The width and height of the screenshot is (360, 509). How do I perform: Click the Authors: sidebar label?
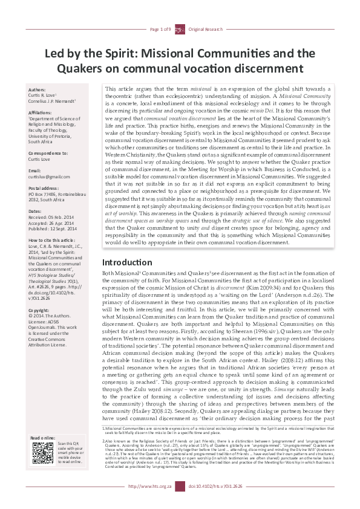37,89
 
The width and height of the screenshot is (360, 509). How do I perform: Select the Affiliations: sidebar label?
41,112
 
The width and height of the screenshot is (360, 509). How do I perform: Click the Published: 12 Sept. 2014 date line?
52,229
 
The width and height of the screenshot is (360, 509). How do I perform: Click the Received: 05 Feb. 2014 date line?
51,218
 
